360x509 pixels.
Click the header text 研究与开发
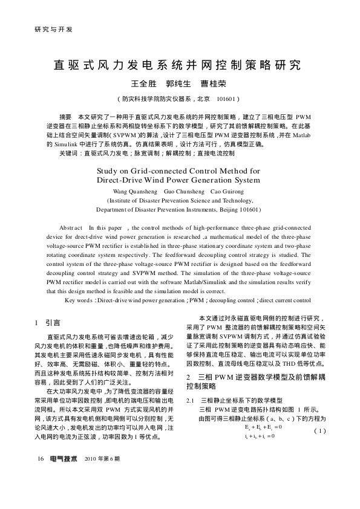(x=44, y=28)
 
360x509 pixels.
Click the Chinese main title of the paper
(x=180, y=65)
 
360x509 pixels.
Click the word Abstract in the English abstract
(x=71, y=228)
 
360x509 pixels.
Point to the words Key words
(x=77, y=300)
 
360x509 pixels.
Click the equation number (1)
(x=320, y=430)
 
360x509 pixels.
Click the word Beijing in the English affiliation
(x=228, y=210)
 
